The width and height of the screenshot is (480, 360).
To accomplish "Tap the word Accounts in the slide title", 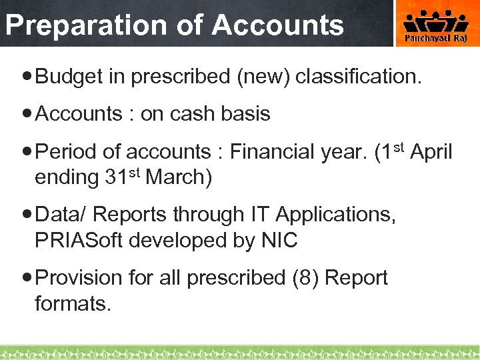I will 278,25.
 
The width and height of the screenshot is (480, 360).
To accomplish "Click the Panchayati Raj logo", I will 437,25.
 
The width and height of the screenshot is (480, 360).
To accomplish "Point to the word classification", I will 359,77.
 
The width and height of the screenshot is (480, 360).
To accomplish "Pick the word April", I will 431,153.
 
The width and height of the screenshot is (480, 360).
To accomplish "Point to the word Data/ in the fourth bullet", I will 62,215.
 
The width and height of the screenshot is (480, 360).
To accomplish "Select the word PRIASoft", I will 79,240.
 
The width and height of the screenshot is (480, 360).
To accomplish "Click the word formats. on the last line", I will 72,304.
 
